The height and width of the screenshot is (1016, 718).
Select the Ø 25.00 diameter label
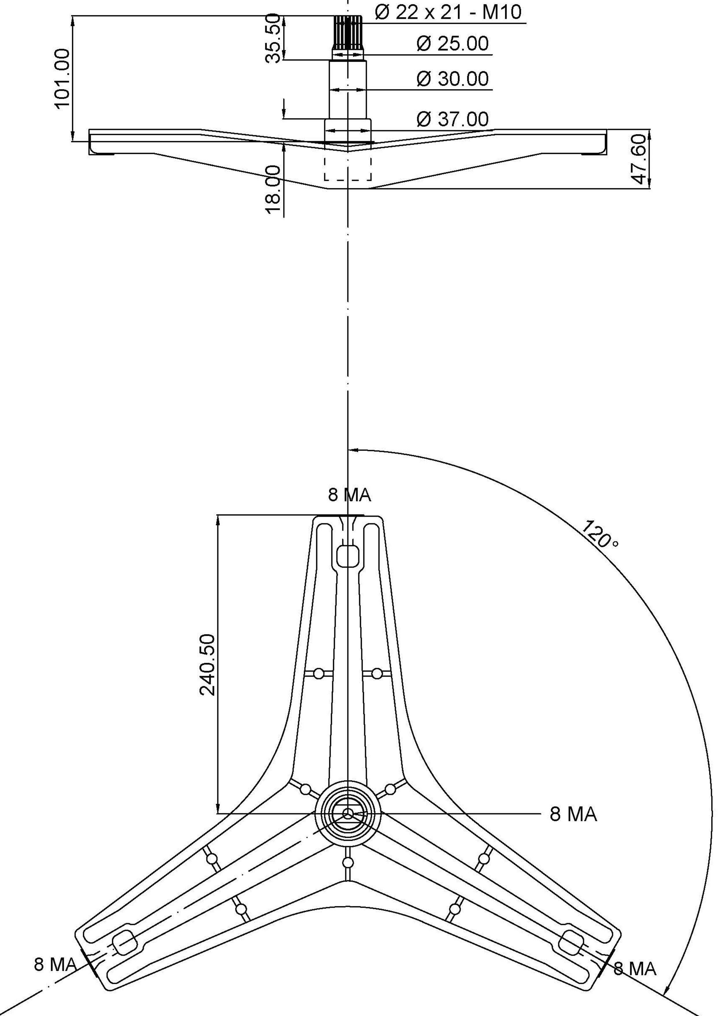[453, 43]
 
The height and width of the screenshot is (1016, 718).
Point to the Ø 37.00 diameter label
[453, 119]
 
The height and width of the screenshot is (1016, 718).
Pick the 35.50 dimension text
[273, 39]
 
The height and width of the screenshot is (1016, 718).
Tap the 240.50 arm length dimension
[208, 665]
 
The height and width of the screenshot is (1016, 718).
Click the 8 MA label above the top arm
[349, 495]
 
